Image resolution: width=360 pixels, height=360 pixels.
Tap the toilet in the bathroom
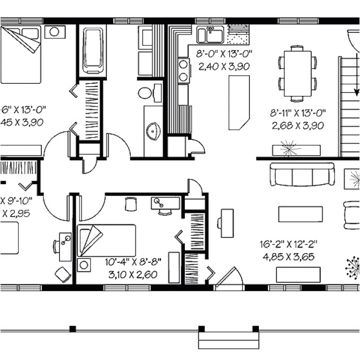pos(146,93)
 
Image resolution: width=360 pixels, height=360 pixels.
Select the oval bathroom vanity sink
pos(153,130)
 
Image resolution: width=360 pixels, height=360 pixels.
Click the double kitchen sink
pos(211,35)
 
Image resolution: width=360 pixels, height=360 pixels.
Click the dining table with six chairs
pos(297,73)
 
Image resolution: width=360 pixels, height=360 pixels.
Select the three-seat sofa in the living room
pos(302,174)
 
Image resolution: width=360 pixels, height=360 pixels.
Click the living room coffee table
pos(300,214)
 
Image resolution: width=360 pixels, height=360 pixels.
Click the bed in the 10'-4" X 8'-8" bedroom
pos(106,240)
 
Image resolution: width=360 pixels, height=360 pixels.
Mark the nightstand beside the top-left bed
pos(55,32)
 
